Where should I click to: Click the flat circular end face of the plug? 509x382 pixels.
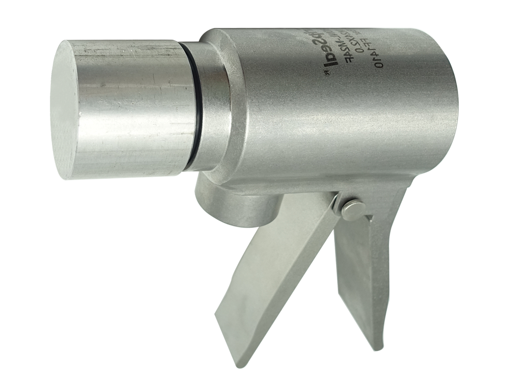pos(65,110)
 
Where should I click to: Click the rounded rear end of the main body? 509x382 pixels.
pos(448,102)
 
